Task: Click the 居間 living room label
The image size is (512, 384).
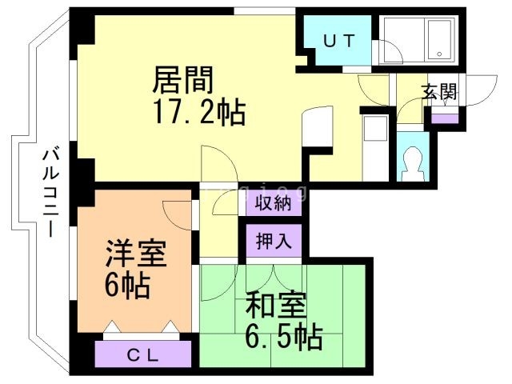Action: pos(183,80)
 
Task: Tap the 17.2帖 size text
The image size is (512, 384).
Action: pos(199,112)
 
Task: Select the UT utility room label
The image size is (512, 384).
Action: pos(338,41)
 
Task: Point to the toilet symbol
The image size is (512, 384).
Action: pos(413,163)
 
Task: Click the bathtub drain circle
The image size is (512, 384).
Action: pos(439,54)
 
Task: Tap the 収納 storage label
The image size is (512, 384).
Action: pos(273,203)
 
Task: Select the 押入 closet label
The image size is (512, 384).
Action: pos(274,242)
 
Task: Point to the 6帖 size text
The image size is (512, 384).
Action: pos(127,285)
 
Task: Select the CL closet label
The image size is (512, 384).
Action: pos(142,355)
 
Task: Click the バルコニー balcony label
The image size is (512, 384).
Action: pos(50,193)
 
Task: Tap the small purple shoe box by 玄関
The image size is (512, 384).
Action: pos(444,118)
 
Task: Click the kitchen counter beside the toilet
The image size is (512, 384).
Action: pos(375,148)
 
